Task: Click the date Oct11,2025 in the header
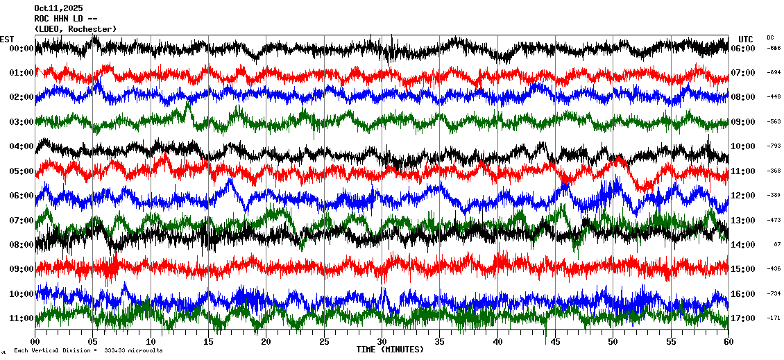tap(58, 8)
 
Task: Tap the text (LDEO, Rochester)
tap(75, 29)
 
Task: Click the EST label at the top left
tap(7, 39)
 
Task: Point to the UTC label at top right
tap(746, 39)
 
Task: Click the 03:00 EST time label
tap(22, 122)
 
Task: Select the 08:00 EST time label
tap(22, 245)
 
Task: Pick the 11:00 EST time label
tap(22, 318)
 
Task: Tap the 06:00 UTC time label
tap(742, 49)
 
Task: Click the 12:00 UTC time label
tap(742, 196)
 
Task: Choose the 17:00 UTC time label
tap(742, 318)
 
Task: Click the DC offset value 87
tap(777, 245)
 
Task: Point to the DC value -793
tap(774, 146)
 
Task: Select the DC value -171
tap(774, 318)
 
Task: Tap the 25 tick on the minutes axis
tap(324, 342)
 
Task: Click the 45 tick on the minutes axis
tap(555, 342)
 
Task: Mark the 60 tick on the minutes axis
tap(728, 342)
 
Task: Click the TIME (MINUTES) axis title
tap(390, 350)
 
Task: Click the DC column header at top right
tap(770, 37)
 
